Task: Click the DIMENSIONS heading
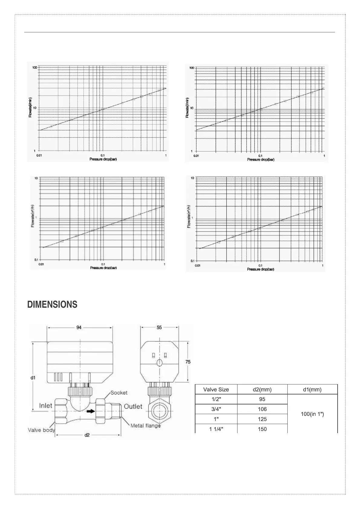52,305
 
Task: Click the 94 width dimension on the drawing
79,327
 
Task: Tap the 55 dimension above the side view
159,327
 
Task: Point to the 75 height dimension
188,362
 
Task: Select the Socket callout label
119,393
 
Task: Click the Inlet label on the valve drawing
46,406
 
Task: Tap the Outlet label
133,406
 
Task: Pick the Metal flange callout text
145,426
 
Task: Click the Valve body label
41,430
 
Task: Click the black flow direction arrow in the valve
90,411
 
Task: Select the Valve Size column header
216,390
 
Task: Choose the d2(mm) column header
262,390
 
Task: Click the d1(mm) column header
312,390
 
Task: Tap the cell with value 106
262,409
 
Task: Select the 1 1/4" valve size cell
216,429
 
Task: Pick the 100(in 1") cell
312,414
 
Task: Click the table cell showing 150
262,429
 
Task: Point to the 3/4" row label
216,409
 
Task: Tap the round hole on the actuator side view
159,363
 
